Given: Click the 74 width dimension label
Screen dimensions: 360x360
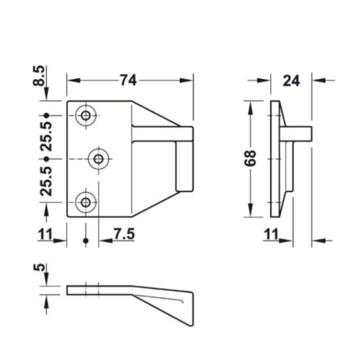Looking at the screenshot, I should click(x=127, y=81).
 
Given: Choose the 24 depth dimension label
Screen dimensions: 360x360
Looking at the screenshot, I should click(x=291, y=81).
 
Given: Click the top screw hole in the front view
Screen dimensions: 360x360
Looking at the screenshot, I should click(x=87, y=115).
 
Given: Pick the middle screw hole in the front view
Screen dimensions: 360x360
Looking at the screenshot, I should click(x=98, y=158).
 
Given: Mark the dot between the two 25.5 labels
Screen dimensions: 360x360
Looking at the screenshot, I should click(x=46, y=158).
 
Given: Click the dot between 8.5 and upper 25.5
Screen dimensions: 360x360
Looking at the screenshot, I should click(x=46, y=115).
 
